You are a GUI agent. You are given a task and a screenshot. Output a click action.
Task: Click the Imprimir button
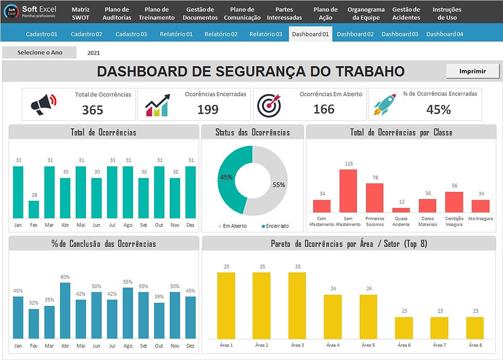(472, 71)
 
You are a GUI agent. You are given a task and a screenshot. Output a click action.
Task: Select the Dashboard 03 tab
(399, 34)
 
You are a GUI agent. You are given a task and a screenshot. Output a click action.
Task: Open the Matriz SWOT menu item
(81, 13)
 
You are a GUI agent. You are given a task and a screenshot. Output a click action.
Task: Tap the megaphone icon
(44, 104)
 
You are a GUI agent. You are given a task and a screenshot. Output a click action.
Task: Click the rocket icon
(385, 104)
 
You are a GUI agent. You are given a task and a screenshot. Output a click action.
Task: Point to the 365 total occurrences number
(92, 110)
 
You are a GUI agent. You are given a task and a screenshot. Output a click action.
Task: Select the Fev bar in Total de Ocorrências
(34, 209)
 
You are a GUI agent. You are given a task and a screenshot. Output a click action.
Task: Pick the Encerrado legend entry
(275, 226)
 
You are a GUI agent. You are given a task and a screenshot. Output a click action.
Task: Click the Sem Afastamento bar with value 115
(348, 191)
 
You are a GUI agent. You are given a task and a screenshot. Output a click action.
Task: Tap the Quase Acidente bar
(401, 210)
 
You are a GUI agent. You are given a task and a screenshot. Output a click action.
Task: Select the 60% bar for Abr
(65, 310)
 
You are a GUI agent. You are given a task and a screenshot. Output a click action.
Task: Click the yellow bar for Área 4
(333, 316)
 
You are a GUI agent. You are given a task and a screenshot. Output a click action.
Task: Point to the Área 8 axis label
(475, 345)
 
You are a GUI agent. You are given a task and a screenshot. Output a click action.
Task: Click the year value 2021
(93, 53)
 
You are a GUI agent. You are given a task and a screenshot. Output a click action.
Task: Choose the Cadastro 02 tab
(86, 34)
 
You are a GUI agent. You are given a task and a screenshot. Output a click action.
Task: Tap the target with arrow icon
(269, 104)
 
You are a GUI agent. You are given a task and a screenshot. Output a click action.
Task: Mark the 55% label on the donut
(279, 185)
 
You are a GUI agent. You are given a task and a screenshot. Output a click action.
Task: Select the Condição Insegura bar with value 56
(454, 202)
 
